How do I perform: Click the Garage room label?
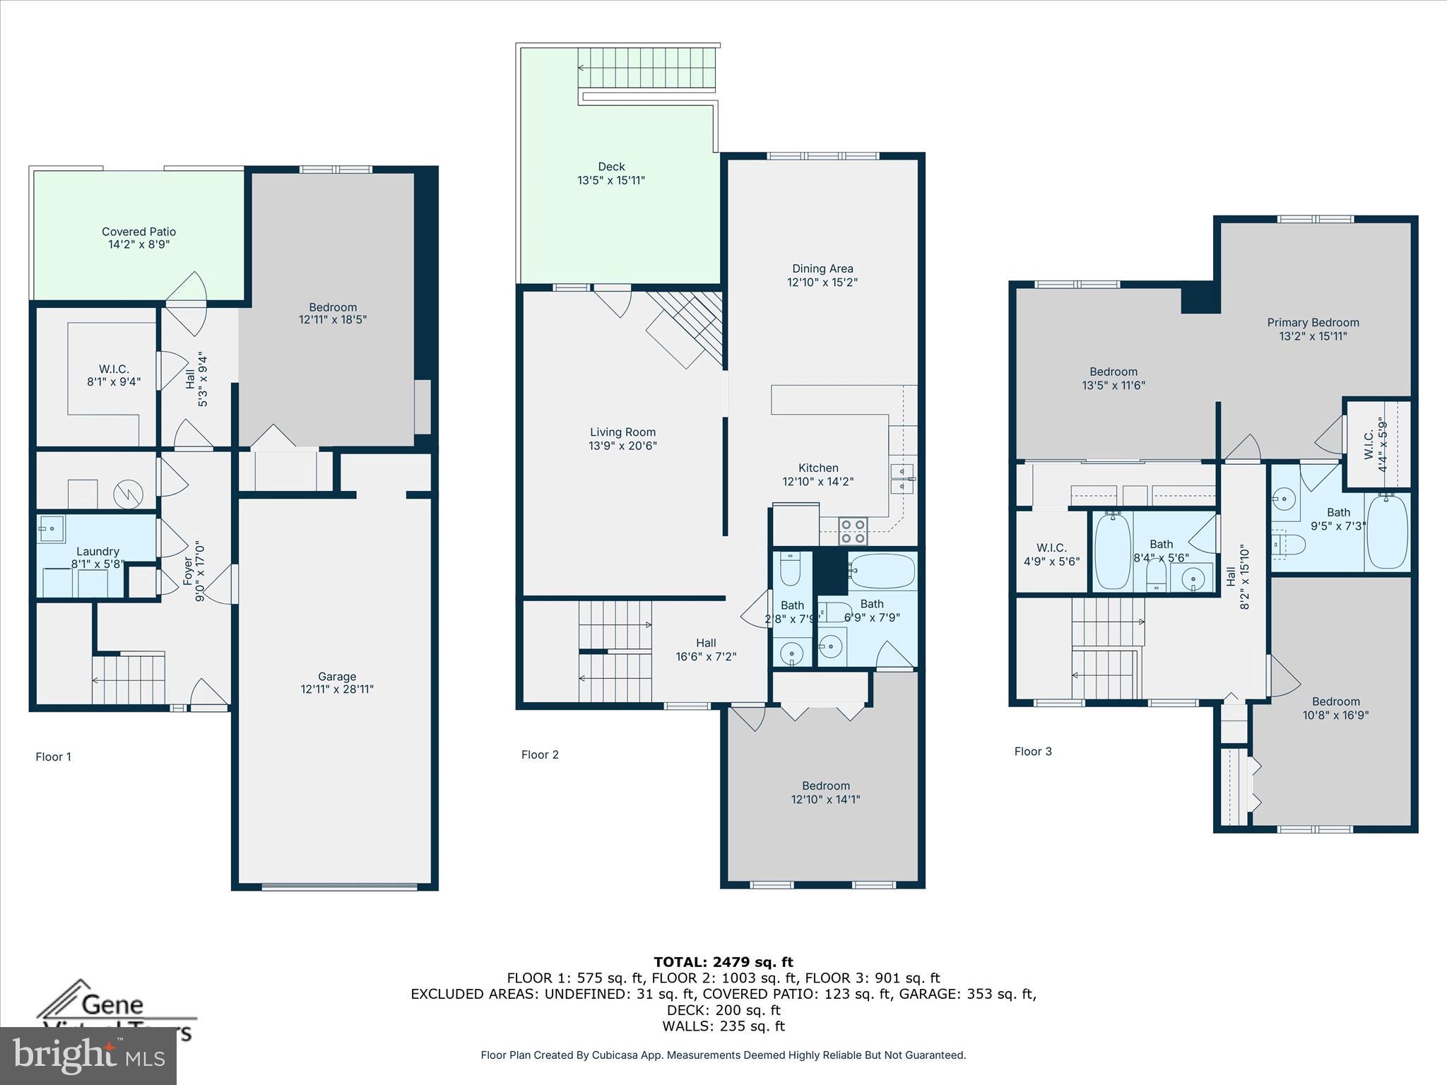[337, 676]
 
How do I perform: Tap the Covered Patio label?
[138, 232]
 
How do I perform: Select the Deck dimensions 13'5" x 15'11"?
[611, 180]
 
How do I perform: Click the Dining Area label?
[822, 268]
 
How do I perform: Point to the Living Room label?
[622, 432]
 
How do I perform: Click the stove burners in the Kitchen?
[853, 531]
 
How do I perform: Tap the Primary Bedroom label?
[1313, 323]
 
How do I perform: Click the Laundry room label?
[98, 552]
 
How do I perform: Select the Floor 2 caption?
[540, 754]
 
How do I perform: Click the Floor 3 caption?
[1033, 752]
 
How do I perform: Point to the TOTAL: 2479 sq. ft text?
[723, 962]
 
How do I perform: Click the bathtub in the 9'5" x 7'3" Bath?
[1387, 532]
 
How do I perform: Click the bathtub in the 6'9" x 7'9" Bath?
[882, 571]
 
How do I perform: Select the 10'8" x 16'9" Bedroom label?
[1335, 701]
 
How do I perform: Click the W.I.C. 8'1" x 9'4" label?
[114, 369]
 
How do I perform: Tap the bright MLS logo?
[88, 1055]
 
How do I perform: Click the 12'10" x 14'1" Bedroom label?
[825, 786]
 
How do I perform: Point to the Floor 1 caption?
[53, 757]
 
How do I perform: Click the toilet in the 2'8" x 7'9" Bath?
[790, 569]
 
